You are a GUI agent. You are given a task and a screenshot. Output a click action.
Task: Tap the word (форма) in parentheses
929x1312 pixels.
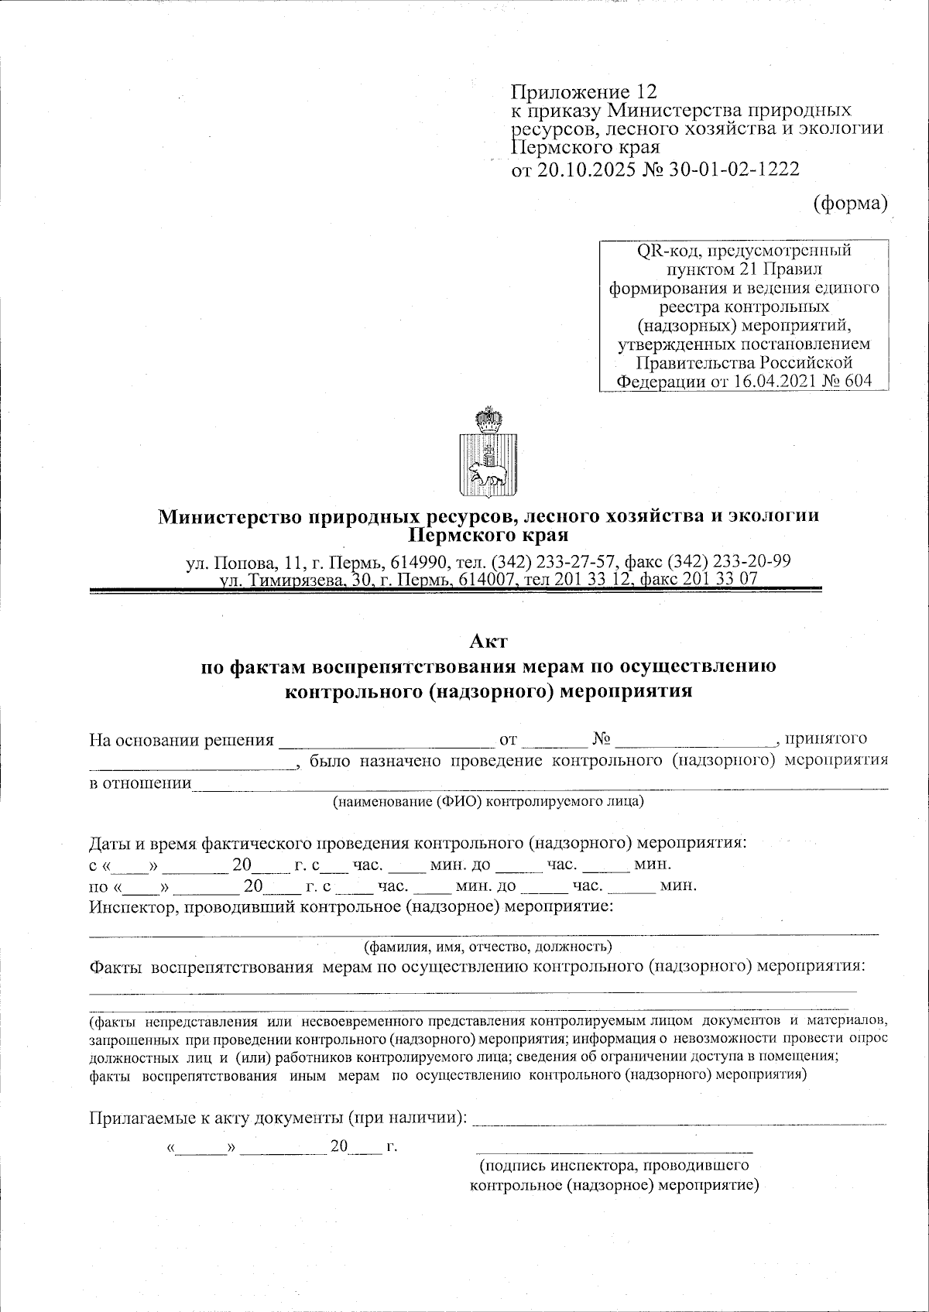[849, 203]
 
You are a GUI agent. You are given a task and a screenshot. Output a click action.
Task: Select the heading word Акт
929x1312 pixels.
[488, 641]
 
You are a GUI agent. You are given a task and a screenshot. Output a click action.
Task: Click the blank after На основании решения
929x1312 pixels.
[386, 742]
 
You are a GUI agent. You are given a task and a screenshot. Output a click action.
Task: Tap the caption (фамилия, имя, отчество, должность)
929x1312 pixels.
[488, 946]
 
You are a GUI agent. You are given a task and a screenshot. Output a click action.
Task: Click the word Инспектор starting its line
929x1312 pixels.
[131, 906]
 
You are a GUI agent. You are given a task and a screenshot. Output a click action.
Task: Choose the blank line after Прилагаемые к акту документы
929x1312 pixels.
[679, 1121]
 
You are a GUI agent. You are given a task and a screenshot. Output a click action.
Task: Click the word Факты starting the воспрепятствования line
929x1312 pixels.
[115, 966]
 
